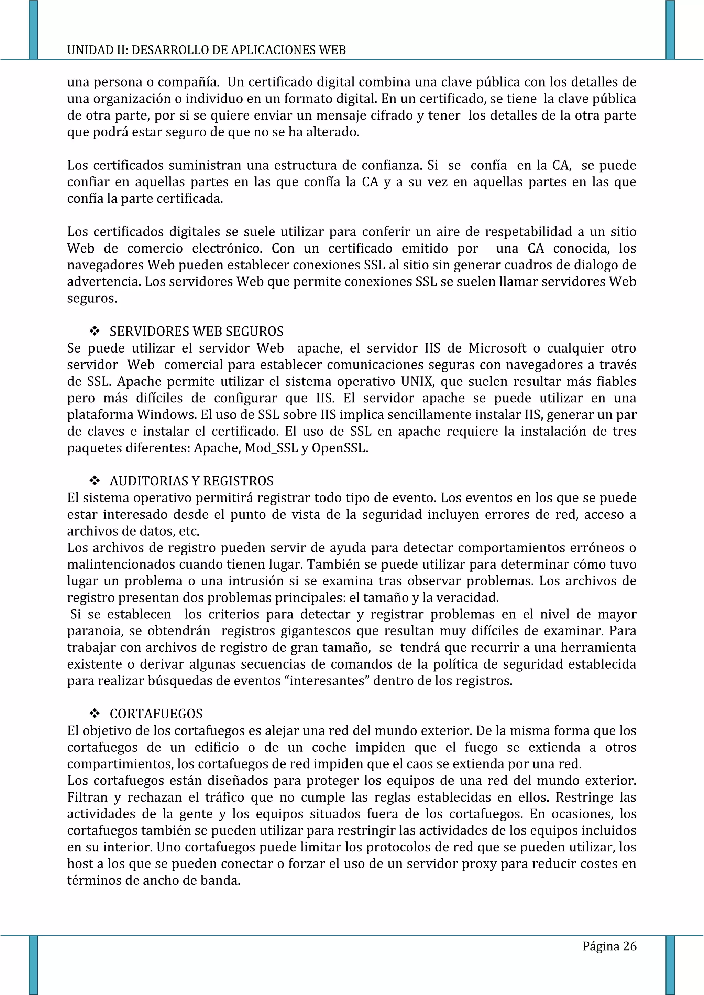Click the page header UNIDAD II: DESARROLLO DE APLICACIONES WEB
click(x=206, y=50)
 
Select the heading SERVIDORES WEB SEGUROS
click(x=196, y=332)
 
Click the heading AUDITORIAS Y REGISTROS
click(x=191, y=481)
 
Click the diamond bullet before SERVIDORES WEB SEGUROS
click(x=95, y=332)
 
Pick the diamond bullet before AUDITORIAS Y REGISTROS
click(x=95, y=481)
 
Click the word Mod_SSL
click(x=271, y=448)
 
